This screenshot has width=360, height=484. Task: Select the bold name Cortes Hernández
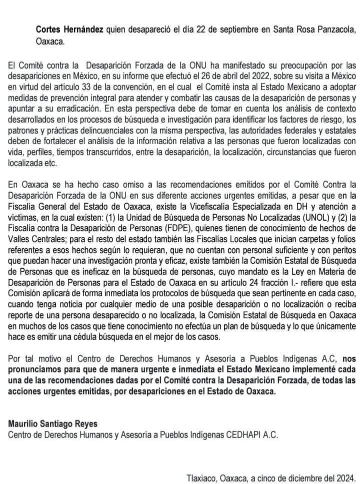tap(69, 30)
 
